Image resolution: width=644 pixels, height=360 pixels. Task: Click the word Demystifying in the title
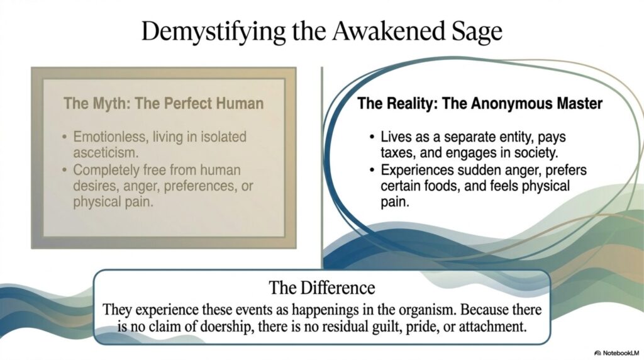[213, 31]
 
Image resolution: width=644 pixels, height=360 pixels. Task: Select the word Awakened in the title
[389, 30]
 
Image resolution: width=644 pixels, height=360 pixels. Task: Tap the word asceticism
[106, 153]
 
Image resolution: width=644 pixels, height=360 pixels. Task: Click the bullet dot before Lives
[372, 137]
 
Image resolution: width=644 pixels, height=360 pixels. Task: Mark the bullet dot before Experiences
[372, 170]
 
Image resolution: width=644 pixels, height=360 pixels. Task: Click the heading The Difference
[322, 288]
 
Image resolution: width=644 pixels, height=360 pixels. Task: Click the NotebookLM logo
[616, 353]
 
